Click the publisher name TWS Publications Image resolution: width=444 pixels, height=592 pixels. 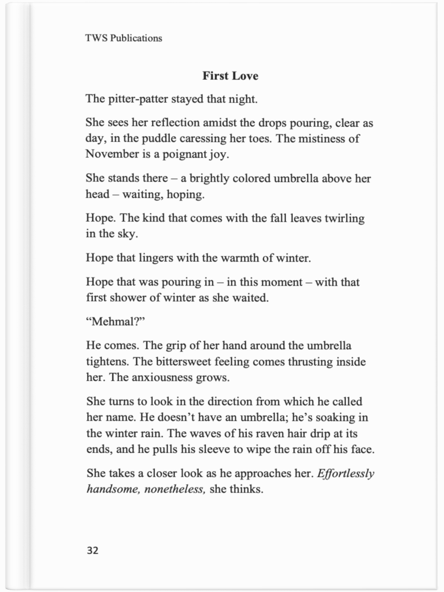pos(124,38)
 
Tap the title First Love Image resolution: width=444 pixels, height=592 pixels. pos(230,76)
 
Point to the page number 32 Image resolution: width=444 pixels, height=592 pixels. pos(92,551)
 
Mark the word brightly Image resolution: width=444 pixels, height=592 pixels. pos(209,178)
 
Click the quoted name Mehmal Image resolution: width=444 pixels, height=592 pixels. pos(115,321)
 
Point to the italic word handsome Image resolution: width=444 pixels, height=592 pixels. pos(113,489)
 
